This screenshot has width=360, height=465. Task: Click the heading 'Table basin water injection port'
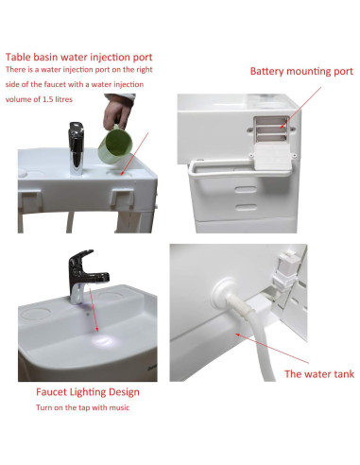[79, 55]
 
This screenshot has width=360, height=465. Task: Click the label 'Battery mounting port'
[300, 71]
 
